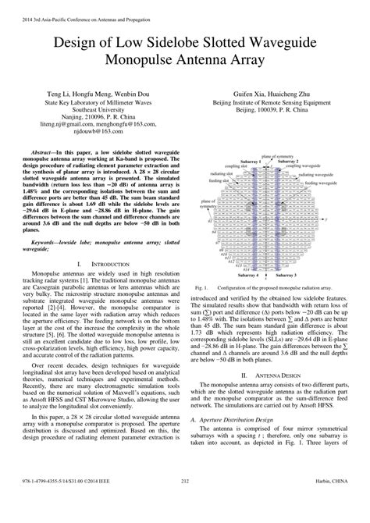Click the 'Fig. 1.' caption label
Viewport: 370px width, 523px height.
click(200, 309)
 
